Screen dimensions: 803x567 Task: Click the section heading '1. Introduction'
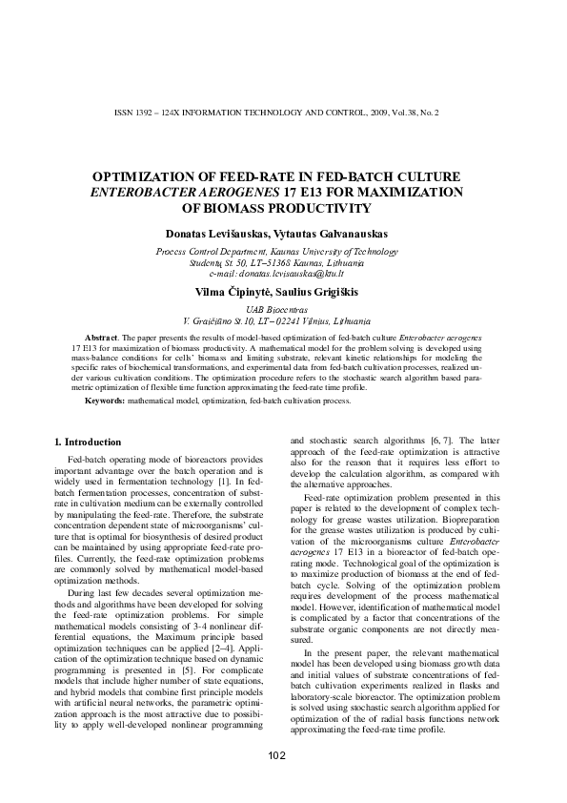87,443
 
